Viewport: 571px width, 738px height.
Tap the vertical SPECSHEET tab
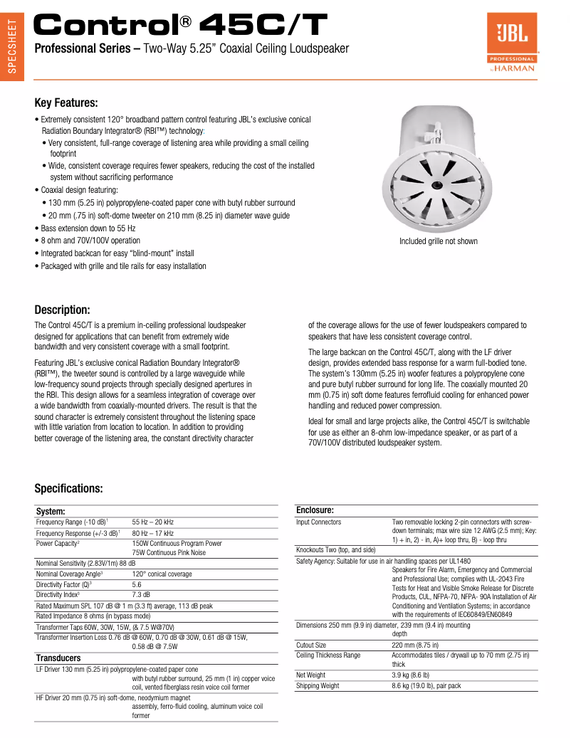click(11, 46)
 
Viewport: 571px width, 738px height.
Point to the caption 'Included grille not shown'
click(438, 241)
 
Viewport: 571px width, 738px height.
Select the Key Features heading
click(66, 103)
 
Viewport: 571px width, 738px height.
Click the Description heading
click(62, 310)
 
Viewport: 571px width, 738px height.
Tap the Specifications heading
click(68, 488)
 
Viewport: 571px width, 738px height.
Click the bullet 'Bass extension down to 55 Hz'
click(88, 228)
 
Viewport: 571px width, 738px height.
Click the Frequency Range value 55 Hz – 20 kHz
click(152, 522)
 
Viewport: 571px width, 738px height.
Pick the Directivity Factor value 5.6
click(137, 584)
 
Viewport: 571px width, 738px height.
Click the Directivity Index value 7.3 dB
click(141, 594)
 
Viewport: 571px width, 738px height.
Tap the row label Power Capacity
click(58, 543)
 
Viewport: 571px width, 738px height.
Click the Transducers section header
click(58, 658)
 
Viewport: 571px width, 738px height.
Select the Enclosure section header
click(315, 510)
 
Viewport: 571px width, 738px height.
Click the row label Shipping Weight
click(318, 686)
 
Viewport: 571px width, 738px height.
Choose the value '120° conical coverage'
click(162, 574)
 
